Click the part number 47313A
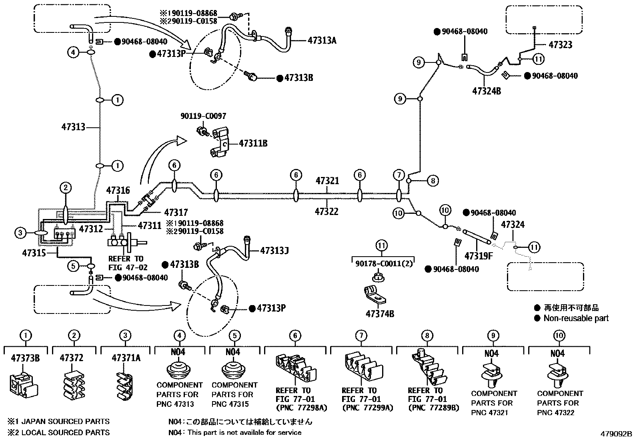322,40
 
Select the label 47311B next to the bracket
253,143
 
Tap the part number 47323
560,45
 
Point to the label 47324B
486,91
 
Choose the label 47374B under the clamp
379,313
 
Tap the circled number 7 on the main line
399,175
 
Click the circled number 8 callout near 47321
433,181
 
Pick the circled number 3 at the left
20,232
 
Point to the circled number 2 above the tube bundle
66,187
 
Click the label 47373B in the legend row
25,358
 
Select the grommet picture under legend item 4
179,370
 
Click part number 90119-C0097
203,116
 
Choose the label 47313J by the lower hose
274,251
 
